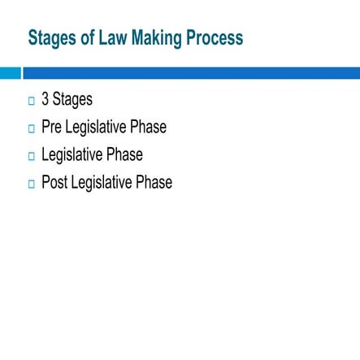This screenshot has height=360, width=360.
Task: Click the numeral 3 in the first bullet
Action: pyautogui.click(x=46, y=100)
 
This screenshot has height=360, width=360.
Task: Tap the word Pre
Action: pyautogui.click(x=52, y=128)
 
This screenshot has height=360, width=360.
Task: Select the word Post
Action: pyautogui.click(x=54, y=183)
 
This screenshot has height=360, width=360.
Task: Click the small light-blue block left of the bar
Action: pyautogui.click(x=10, y=73)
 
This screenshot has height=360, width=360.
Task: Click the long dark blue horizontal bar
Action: pyautogui.click(x=192, y=73)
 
